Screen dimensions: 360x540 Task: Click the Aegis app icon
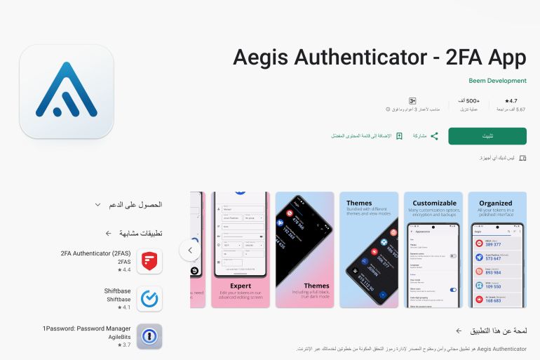[67, 91]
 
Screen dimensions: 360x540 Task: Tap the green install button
[487, 135]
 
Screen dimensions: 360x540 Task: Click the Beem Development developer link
[498, 81]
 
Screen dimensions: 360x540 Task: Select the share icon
[434, 135]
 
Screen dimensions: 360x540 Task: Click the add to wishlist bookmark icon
[399, 135]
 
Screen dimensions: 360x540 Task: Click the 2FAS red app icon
[149, 261]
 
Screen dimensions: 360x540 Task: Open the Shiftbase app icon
[149, 299]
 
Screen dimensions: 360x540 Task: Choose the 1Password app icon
[149, 336]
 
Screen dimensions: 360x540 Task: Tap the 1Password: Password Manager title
[86, 328]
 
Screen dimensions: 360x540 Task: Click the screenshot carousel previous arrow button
[189, 249]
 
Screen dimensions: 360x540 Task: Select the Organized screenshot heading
[496, 203]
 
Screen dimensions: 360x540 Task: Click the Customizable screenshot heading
[434, 203]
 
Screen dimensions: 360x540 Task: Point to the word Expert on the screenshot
[241, 286]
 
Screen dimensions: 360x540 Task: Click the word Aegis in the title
[264, 57]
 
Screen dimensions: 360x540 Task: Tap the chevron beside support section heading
[98, 204]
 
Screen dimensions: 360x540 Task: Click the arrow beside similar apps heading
[108, 233]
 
